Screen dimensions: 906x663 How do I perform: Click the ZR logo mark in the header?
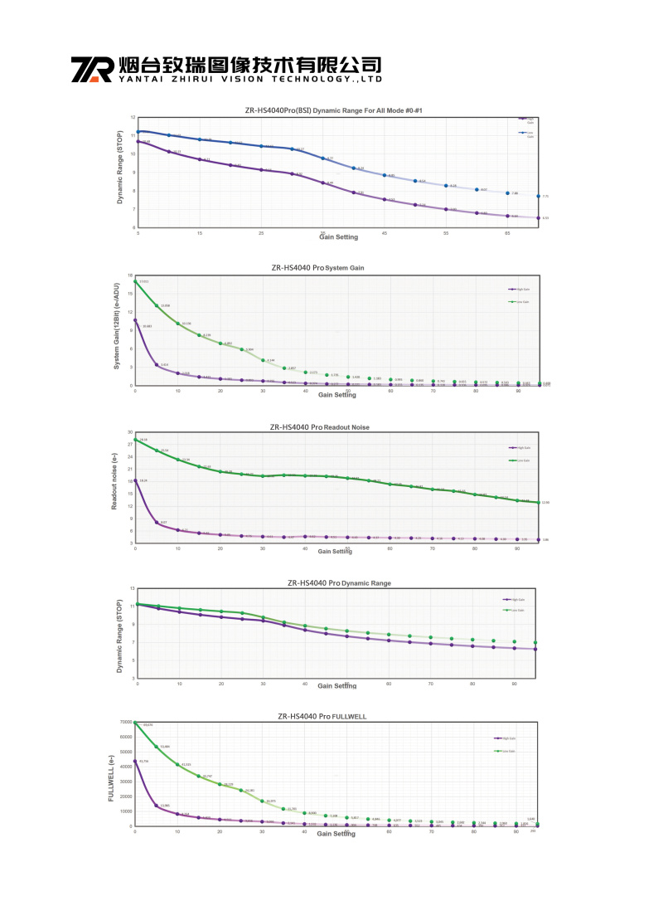[91, 70]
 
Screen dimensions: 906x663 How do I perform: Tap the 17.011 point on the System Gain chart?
[135, 281]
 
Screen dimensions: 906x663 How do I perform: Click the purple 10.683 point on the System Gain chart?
[135, 320]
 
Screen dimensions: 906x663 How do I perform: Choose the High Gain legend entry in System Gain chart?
[517, 289]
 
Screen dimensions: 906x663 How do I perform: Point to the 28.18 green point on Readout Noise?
[135, 440]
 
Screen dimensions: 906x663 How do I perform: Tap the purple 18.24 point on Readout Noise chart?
[135, 480]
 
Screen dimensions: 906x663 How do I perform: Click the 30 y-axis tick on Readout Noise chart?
[129, 432]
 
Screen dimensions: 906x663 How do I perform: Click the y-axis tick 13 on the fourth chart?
[131, 587]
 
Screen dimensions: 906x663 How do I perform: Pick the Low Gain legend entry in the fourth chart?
[515, 610]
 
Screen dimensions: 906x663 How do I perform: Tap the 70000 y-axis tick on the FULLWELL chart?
[123, 722]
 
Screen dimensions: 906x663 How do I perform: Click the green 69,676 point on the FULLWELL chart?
[135, 723]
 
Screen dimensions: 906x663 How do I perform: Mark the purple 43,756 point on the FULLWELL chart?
[135, 761]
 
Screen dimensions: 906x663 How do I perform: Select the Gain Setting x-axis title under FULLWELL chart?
[337, 834]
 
